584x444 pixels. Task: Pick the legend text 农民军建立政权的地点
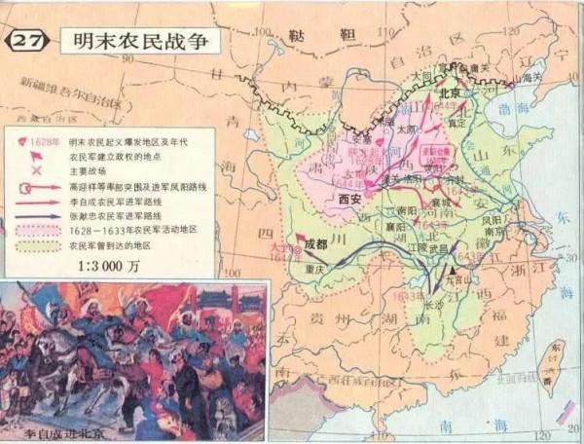tap(127, 155)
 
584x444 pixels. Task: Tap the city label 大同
tap(420, 73)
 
